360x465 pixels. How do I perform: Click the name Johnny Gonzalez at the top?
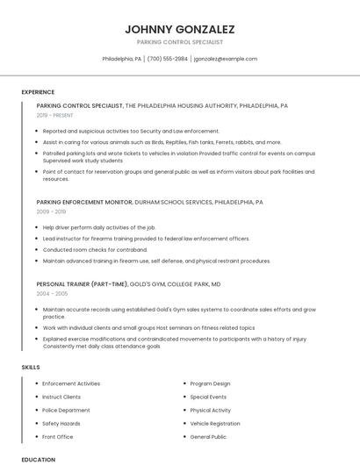click(x=179, y=29)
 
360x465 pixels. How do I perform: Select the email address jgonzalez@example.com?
click(x=226, y=59)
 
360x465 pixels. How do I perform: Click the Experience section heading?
click(x=38, y=91)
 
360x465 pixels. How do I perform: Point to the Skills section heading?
click(x=31, y=366)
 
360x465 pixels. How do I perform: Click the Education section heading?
click(x=38, y=459)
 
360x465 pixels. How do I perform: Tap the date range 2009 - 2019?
click(x=51, y=211)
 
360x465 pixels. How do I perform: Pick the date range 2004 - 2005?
click(x=51, y=294)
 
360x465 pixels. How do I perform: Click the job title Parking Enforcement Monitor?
click(x=84, y=202)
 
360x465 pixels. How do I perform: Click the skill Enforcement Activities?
click(x=71, y=383)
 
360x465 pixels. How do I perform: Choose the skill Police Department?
click(x=66, y=410)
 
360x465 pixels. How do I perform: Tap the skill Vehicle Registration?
click(x=214, y=423)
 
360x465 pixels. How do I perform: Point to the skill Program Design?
click(x=210, y=383)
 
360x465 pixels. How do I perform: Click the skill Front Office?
click(x=58, y=436)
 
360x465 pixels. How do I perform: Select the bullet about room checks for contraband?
click(x=83, y=249)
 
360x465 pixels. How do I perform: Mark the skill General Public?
click(x=208, y=436)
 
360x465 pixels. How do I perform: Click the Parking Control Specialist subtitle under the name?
click(x=179, y=42)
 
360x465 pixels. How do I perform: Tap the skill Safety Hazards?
click(x=61, y=423)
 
